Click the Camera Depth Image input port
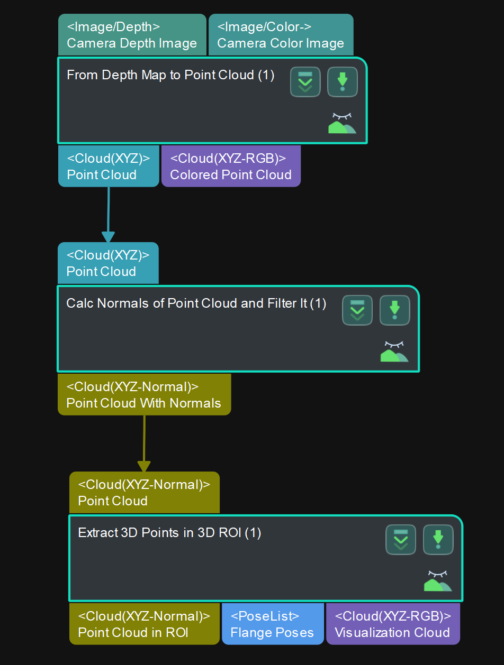click(132, 35)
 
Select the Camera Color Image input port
click(281, 35)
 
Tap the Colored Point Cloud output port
click(231, 166)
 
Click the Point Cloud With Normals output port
click(144, 395)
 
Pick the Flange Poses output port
click(272, 624)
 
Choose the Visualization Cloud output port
click(392, 624)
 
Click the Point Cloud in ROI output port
click(144, 624)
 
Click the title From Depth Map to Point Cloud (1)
click(170, 75)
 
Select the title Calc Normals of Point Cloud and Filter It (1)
click(196, 303)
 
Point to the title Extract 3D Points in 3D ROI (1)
click(169, 532)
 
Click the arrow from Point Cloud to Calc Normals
click(108, 214)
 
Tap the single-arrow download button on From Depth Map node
click(343, 82)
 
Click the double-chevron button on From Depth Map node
click(305, 82)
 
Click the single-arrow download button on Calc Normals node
click(394, 310)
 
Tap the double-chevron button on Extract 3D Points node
click(401, 540)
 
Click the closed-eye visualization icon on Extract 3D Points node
click(438, 580)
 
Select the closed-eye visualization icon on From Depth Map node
click(342, 123)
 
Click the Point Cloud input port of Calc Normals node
click(108, 263)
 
